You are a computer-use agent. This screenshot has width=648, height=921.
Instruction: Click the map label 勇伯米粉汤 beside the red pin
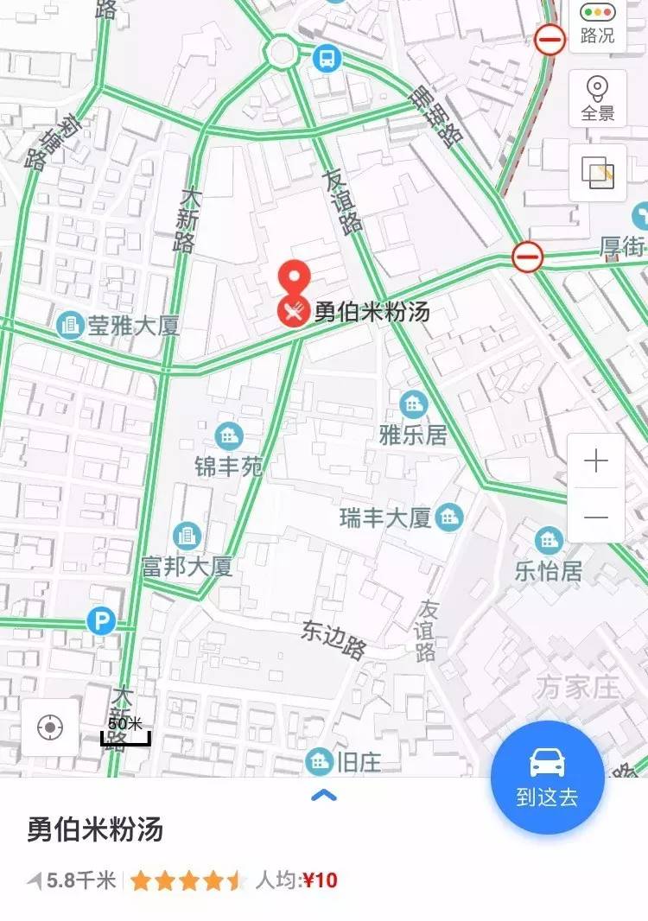(372, 311)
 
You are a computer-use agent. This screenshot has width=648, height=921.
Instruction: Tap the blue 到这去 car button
(547, 777)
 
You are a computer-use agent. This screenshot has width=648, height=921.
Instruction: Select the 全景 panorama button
(597, 99)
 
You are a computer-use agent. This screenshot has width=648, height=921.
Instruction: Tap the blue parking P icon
(102, 620)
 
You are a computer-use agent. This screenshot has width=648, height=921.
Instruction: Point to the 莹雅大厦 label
(133, 326)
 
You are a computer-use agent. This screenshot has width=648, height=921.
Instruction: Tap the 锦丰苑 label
(229, 467)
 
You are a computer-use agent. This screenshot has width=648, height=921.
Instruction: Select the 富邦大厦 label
(187, 567)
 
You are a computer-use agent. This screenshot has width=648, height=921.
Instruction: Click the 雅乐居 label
(414, 434)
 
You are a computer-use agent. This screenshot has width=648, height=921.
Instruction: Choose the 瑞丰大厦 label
(385, 518)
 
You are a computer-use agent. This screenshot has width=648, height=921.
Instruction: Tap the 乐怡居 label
(549, 570)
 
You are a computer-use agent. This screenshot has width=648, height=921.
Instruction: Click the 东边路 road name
(334, 639)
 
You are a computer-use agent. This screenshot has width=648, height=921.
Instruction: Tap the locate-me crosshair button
(50, 727)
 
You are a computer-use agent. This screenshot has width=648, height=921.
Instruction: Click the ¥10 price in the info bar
(320, 880)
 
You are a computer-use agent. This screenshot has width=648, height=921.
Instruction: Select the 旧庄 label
(359, 761)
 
